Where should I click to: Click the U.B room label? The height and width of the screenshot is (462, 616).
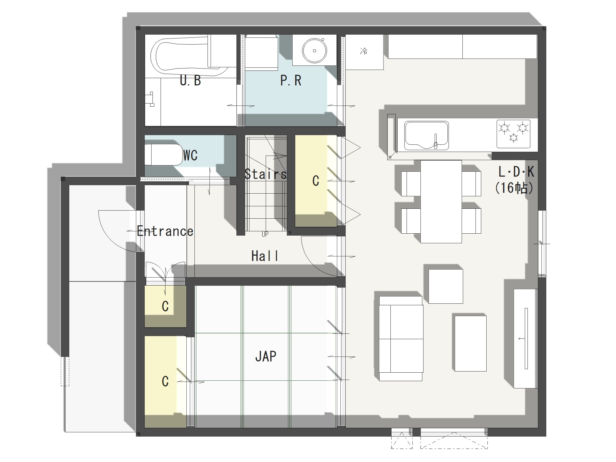(190, 81)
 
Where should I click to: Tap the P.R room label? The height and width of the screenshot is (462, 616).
(291, 80)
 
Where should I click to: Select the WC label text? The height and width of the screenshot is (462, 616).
(190, 155)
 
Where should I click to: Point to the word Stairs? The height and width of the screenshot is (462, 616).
(266, 174)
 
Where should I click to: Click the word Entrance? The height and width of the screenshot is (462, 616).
(165, 231)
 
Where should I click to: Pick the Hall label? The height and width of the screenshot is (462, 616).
(264, 256)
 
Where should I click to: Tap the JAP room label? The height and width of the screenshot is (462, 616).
(266, 356)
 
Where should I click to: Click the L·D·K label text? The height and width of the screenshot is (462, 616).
(516, 172)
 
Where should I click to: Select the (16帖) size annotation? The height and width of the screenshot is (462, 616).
(514, 188)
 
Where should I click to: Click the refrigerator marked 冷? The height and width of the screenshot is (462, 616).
(364, 52)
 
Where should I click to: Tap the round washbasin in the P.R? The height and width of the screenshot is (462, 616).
(314, 51)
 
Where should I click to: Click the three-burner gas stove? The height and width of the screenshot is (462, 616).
(513, 134)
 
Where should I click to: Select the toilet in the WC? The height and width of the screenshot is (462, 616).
(164, 155)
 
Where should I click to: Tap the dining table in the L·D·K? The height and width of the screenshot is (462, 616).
(441, 201)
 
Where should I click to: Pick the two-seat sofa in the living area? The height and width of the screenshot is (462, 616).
(401, 338)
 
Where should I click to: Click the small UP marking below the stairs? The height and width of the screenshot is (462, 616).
(265, 234)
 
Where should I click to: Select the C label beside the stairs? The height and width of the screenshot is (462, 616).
(316, 181)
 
